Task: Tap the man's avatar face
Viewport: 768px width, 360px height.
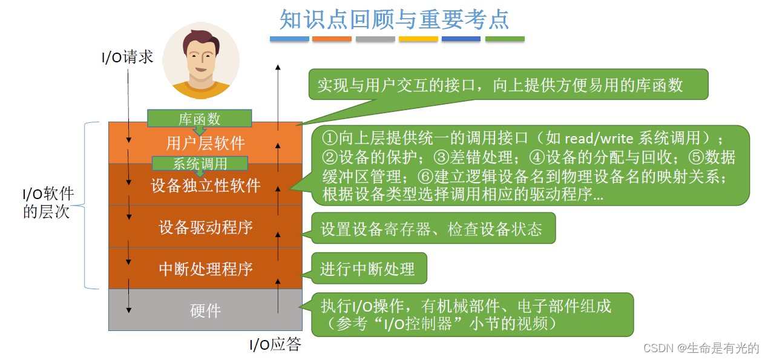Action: [201, 59]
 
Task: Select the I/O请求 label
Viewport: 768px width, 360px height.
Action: [127, 57]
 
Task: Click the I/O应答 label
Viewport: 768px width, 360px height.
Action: [275, 344]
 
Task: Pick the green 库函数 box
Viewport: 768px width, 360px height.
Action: [199, 119]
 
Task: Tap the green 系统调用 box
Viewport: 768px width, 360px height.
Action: [200, 163]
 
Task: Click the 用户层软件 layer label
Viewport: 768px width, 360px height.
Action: [205, 143]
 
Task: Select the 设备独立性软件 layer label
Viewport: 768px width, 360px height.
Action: [205, 185]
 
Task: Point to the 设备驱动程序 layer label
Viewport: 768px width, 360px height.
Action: [205, 227]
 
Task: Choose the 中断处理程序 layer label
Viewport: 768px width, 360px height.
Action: [205, 269]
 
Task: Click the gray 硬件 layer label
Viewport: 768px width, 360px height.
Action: [205, 310]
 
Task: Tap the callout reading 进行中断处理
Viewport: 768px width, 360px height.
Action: [367, 269]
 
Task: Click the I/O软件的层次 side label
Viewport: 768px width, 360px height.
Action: [48, 203]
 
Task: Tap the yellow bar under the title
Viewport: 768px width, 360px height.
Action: [418, 39]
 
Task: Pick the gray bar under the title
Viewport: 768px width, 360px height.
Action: [375, 39]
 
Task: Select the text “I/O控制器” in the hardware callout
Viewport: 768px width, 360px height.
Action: [418, 324]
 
